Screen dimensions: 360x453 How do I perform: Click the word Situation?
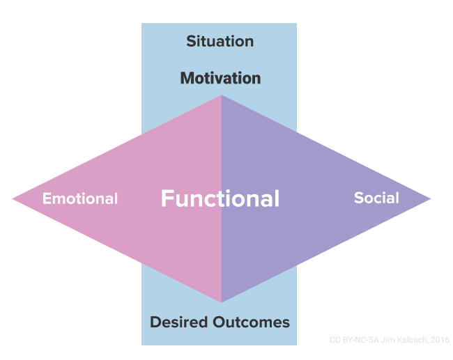(x=220, y=41)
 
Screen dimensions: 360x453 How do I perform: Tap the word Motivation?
(x=220, y=78)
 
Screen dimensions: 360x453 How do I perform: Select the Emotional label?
(x=80, y=198)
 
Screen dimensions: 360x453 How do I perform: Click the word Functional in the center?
(x=220, y=198)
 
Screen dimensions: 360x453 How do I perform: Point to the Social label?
(x=376, y=198)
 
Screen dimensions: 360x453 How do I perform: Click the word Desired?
(x=178, y=322)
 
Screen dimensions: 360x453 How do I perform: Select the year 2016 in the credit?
(x=439, y=340)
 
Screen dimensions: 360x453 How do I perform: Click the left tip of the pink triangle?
(x=13, y=199)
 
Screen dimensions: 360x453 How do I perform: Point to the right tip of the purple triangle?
(x=430, y=199)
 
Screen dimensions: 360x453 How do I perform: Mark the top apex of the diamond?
(x=222, y=95)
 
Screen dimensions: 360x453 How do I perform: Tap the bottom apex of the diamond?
(x=222, y=302)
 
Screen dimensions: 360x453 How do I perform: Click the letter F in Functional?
(x=167, y=198)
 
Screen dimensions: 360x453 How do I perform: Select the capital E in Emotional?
(x=47, y=198)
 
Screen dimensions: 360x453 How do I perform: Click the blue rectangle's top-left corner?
(x=142, y=24)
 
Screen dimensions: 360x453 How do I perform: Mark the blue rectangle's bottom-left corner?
(x=142, y=344)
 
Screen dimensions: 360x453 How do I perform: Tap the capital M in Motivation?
(x=187, y=78)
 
